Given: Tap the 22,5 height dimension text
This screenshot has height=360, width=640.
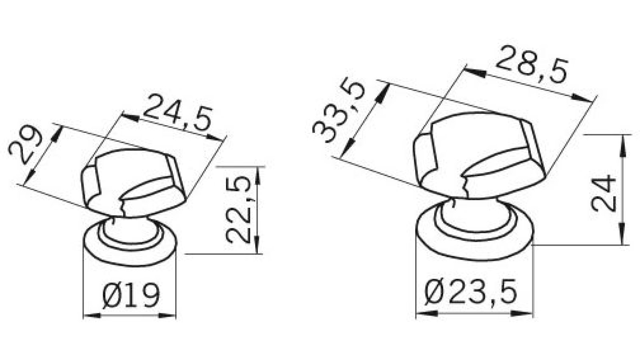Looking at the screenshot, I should pos(240,210).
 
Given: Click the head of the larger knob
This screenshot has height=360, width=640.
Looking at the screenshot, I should pos(480,152).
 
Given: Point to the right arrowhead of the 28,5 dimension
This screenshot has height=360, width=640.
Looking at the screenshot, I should pos(582,98).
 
